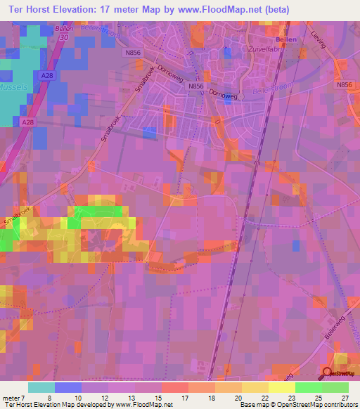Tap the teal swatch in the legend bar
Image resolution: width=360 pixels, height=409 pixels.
click(x=41, y=387)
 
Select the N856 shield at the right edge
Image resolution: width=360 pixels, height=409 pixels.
click(x=344, y=84)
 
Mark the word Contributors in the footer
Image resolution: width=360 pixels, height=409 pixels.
click(x=336, y=405)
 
